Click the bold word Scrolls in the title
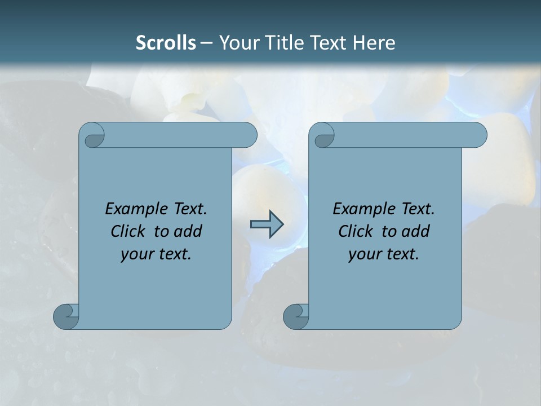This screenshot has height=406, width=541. [166, 42]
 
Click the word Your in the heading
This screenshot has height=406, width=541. [238, 42]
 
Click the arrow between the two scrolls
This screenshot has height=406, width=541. [267, 224]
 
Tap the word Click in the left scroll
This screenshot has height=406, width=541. [127, 231]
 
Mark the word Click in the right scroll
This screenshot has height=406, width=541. [355, 231]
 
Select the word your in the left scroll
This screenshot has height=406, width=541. [137, 254]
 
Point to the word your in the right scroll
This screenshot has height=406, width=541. [365, 254]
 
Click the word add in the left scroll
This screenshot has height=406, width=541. [188, 231]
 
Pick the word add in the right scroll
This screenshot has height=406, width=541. [416, 231]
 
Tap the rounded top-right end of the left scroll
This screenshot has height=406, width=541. [248, 135]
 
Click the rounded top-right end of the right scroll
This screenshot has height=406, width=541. [478, 135]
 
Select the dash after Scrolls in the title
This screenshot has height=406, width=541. [206, 43]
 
